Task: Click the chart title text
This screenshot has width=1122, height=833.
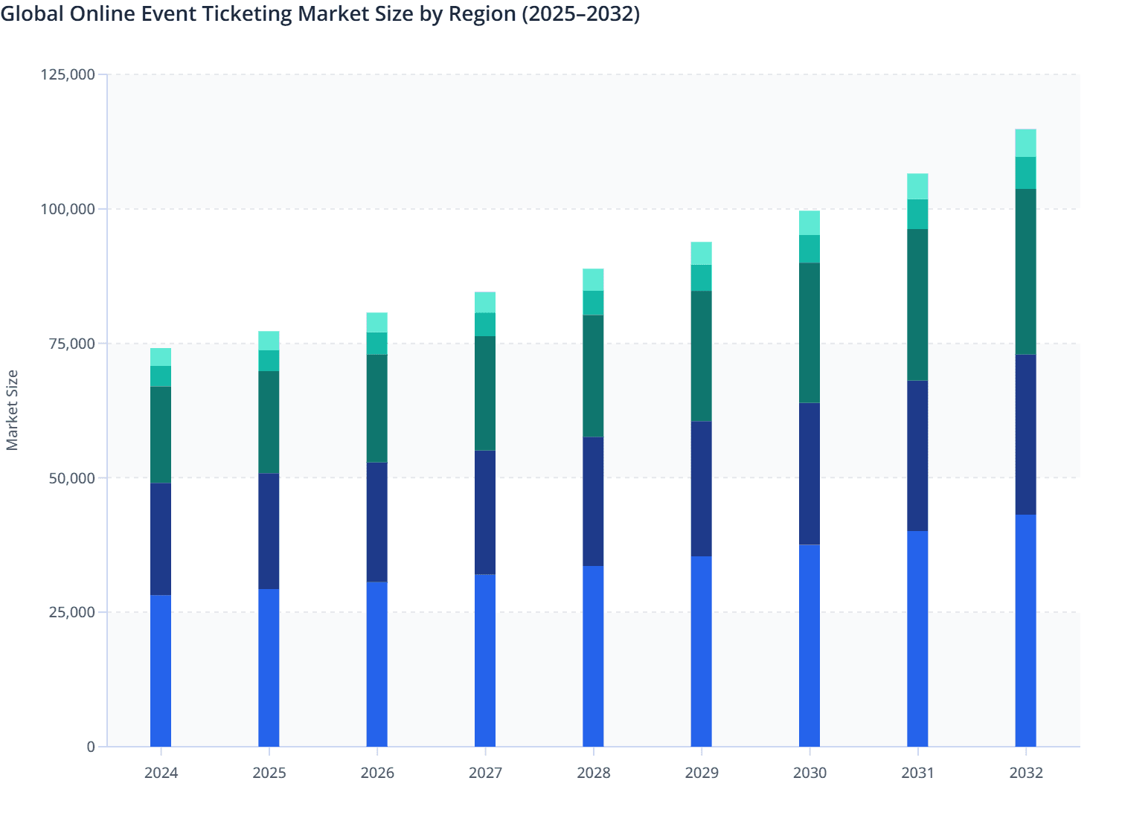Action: coord(320,14)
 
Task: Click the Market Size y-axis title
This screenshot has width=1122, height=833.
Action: coord(13,410)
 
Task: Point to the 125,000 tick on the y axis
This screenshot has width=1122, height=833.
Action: coord(68,74)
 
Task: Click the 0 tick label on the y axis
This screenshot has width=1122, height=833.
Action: coord(91,747)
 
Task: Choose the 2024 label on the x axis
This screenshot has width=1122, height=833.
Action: coord(161,773)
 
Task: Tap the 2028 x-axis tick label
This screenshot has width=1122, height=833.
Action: coord(593,773)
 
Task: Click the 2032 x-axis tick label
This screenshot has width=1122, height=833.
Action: coord(1025,773)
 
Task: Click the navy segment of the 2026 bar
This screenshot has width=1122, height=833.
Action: coord(377,522)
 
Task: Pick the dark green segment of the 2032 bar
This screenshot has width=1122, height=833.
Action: coord(1025,271)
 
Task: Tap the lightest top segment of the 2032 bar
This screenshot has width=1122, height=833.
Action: coord(1025,143)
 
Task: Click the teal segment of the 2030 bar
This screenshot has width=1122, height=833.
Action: coord(810,249)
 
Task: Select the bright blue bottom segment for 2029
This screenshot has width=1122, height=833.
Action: coord(701,652)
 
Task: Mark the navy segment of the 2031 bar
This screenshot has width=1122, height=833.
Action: coord(917,456)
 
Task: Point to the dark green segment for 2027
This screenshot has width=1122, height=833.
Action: coord(485,393)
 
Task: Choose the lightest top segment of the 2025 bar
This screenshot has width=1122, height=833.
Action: coord(269,341)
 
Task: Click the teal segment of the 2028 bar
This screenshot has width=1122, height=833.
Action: coord(593,303)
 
